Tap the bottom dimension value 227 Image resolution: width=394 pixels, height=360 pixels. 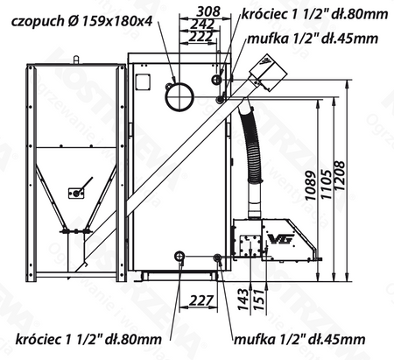[x=201, y=301]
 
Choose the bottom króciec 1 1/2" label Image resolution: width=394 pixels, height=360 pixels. [x=88, y=338]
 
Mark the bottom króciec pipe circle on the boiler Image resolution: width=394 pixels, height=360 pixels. [x=180, y=256]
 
